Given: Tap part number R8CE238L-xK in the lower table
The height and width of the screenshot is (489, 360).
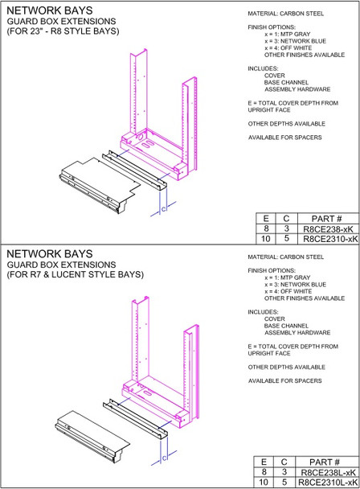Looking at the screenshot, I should [326, 471].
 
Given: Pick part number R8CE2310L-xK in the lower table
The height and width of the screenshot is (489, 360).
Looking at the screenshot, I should [326, 482].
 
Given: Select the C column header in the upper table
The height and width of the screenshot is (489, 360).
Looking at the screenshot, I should [285, 219].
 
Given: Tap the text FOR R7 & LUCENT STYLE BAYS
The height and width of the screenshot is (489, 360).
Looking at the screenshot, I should [75, 274].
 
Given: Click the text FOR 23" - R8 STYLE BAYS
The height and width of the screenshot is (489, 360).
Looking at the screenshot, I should [63, 31].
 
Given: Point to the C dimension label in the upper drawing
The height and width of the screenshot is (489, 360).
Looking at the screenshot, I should [164, 209].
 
